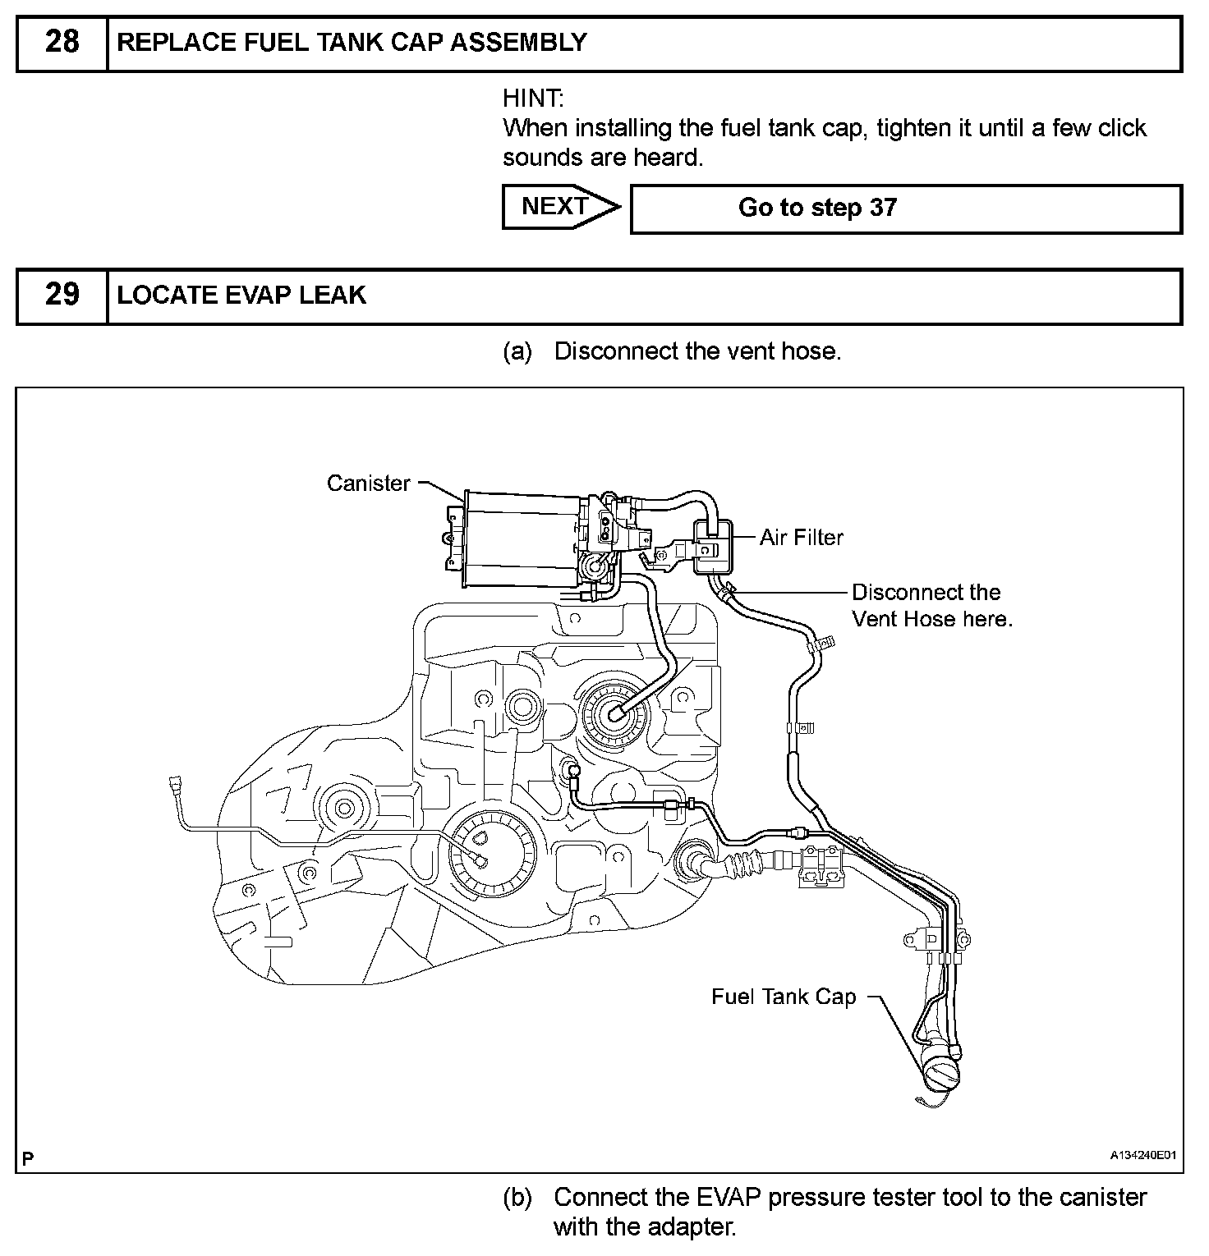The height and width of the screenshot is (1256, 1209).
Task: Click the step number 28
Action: point(62,42)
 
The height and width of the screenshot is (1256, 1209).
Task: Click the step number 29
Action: point(62,295)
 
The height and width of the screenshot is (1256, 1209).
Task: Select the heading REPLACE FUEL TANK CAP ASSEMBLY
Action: point(352,43)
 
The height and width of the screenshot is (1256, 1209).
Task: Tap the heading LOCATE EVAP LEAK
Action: point(241,296)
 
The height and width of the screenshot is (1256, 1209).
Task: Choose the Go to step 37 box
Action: point(905,209)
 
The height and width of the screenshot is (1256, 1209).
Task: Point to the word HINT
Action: point(533,99)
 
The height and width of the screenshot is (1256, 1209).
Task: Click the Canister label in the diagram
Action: point(368,484)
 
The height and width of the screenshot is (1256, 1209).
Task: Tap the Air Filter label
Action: point(801,538)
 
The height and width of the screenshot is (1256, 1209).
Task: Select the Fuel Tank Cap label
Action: point(783,997)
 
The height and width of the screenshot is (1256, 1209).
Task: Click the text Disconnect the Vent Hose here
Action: point(931,606)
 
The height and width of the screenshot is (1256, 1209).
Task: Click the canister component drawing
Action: point(517,539)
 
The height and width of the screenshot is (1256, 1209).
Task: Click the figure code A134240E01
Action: point(1143,1155)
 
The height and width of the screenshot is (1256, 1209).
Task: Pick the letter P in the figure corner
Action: point(29,1158)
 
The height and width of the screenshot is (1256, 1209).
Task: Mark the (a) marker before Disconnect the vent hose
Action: point(517,351)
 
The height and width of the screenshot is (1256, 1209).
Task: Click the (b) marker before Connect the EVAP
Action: point(517,1198)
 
